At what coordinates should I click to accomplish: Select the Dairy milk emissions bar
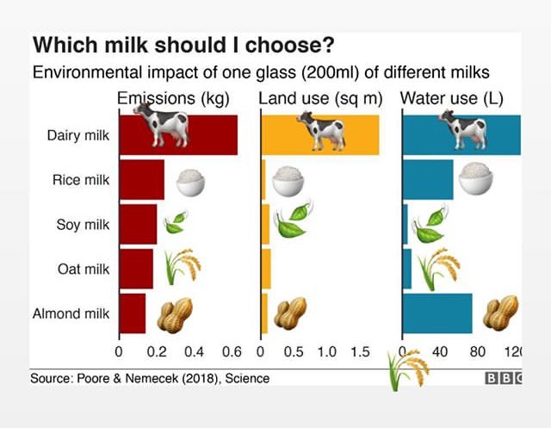pos(177,135)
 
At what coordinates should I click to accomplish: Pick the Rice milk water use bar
pos(428,180)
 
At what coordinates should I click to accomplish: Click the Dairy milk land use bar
pos(319,135)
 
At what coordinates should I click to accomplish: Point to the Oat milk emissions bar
pos(136,269)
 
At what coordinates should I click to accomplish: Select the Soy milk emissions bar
pos(138,225)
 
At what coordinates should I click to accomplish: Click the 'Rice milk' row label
pos(81,180)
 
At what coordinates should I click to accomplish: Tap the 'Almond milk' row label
pos(71,313)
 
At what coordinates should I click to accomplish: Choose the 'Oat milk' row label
pos(84,270)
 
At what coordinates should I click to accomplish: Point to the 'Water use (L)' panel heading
pos(460,99)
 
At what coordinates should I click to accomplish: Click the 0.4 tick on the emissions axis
pos(194,352)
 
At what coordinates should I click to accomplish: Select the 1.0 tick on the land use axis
pos(327,352)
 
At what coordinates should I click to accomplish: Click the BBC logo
pos(503,379)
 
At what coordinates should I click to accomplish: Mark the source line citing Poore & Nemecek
pos(150,379)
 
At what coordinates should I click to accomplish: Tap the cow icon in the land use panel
pos(320,131)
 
